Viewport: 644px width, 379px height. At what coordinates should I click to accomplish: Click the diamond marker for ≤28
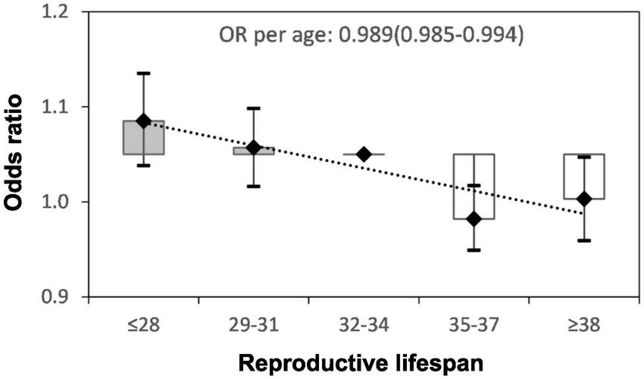tap(144, 121)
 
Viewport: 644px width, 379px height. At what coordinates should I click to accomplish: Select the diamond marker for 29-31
tap(254, 146)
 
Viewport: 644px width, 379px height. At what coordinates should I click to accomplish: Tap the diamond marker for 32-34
tap(364, 154)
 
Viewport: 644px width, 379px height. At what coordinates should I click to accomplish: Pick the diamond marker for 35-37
tap(474, 218)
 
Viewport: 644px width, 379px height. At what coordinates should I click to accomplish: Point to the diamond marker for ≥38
tap(584, 199)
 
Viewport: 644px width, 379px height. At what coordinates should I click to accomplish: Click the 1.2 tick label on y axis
tap(58, 13)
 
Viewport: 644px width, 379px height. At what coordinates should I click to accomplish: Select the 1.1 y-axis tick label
tap(58, 107)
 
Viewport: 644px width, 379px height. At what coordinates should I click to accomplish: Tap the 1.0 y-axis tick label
tap(58, 202)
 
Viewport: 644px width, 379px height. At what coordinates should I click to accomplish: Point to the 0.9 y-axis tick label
tap(58, 296)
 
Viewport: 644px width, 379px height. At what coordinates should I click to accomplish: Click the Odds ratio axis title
tap(17, 155)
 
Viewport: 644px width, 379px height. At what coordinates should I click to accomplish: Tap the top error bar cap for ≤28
tap(144, 73)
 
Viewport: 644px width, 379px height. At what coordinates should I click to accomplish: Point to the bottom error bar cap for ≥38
tap(584, 240)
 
